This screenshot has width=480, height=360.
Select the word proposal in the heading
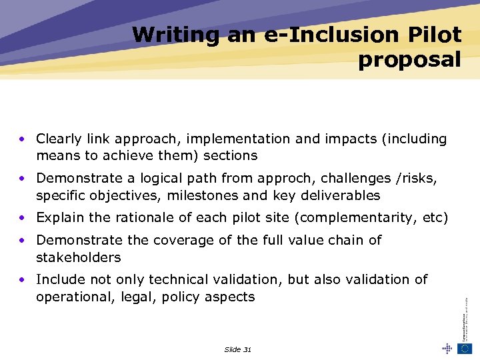tap(409, 60)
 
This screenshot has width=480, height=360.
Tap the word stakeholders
tap(79, 257)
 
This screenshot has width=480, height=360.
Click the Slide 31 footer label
tap(238, 349)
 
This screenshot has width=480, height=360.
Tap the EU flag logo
tap(465, 348)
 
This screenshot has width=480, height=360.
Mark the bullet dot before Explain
tap(22, 218)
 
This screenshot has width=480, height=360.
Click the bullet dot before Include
tap(22, 279)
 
